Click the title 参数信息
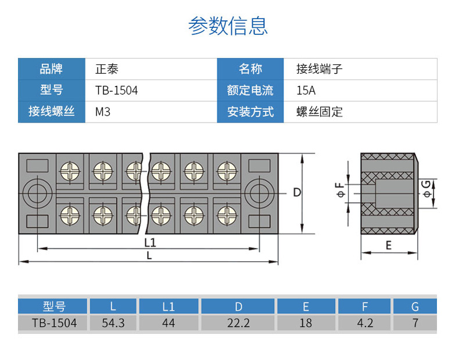(x=228, y=26)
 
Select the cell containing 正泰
(x=107, y=69)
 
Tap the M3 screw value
(x=103, y=111)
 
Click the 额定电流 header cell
(x=250, y=91)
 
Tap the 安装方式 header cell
(x=250, y=111)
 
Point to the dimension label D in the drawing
(x=296, y=192)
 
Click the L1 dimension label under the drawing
(x=149, y=242)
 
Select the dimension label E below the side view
(x=389, y=245)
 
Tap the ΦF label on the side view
(x=340, y=189)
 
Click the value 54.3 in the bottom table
(x=113, y=323)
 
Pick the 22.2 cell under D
(x=238, y=323)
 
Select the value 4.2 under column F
(x=365, y=323)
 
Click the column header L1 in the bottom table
(x=168, y=307)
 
